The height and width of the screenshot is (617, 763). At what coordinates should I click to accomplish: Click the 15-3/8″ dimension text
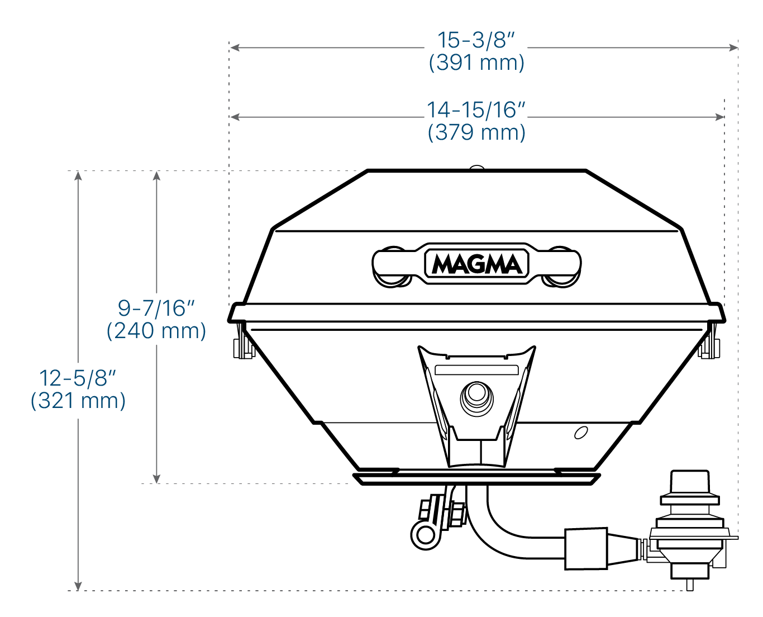point(476,40)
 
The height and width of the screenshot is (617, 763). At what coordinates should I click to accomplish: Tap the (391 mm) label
point(476,63)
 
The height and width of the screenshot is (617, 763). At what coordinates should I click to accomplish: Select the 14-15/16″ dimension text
point(476,110)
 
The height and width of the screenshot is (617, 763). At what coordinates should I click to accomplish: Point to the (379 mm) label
point(476,132)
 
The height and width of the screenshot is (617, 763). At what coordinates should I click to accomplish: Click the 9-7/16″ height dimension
point(156,308)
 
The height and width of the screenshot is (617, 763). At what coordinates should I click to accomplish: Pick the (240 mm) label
point(156,331)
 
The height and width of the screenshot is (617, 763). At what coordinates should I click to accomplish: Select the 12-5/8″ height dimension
point(78,378)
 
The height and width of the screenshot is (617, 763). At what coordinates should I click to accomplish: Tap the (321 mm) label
point(78,401)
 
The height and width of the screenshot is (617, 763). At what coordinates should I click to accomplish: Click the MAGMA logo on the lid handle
point(476,264)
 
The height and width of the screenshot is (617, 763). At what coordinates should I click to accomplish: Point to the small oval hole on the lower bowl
point(581,433)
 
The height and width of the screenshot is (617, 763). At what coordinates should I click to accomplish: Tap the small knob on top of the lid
point(476,167)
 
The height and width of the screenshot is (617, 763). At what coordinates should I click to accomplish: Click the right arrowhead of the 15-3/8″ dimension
point(733,48)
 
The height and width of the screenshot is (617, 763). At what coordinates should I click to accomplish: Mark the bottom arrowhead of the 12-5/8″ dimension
point(78,586)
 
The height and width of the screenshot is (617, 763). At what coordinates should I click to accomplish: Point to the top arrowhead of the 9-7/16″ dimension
point(156,175)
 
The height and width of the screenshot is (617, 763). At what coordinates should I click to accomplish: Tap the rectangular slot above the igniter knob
point(476,370)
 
